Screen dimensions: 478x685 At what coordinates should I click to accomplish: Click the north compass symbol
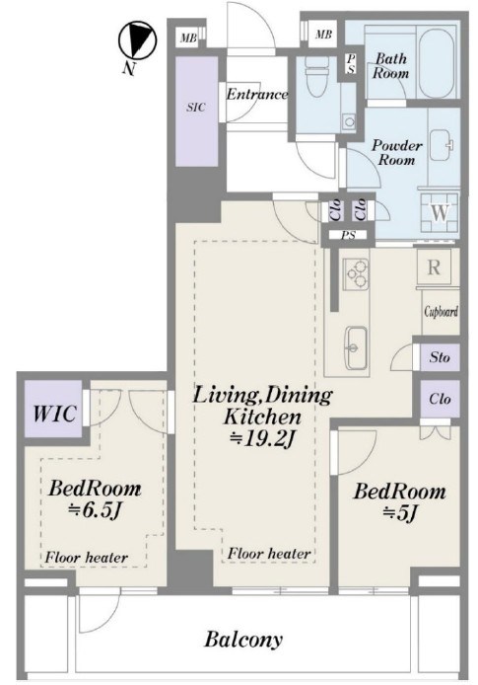(137, 40)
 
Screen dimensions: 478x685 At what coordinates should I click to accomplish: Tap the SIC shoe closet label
(196, 108)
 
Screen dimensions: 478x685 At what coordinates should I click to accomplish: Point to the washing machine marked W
(440, 212)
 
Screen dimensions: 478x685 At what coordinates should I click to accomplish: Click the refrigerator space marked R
(434, 266)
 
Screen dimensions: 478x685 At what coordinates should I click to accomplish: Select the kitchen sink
(357, 346)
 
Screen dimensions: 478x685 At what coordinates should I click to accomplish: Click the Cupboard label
(441, 312)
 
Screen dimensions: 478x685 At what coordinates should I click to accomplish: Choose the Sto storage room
(440, 357)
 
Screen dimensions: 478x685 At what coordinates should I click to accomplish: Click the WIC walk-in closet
(54, 413)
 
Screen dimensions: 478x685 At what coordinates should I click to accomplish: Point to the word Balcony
(243, 641)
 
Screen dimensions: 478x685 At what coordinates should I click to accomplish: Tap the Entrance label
(257, 94)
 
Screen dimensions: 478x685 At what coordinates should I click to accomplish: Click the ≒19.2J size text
(263, 439)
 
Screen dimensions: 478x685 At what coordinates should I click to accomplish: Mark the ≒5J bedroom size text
(400, 513)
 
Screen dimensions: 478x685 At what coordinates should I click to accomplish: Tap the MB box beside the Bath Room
(323, 35)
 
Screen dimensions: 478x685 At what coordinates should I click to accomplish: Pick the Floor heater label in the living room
(269, 554)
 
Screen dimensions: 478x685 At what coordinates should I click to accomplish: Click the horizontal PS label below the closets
(348, 236)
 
